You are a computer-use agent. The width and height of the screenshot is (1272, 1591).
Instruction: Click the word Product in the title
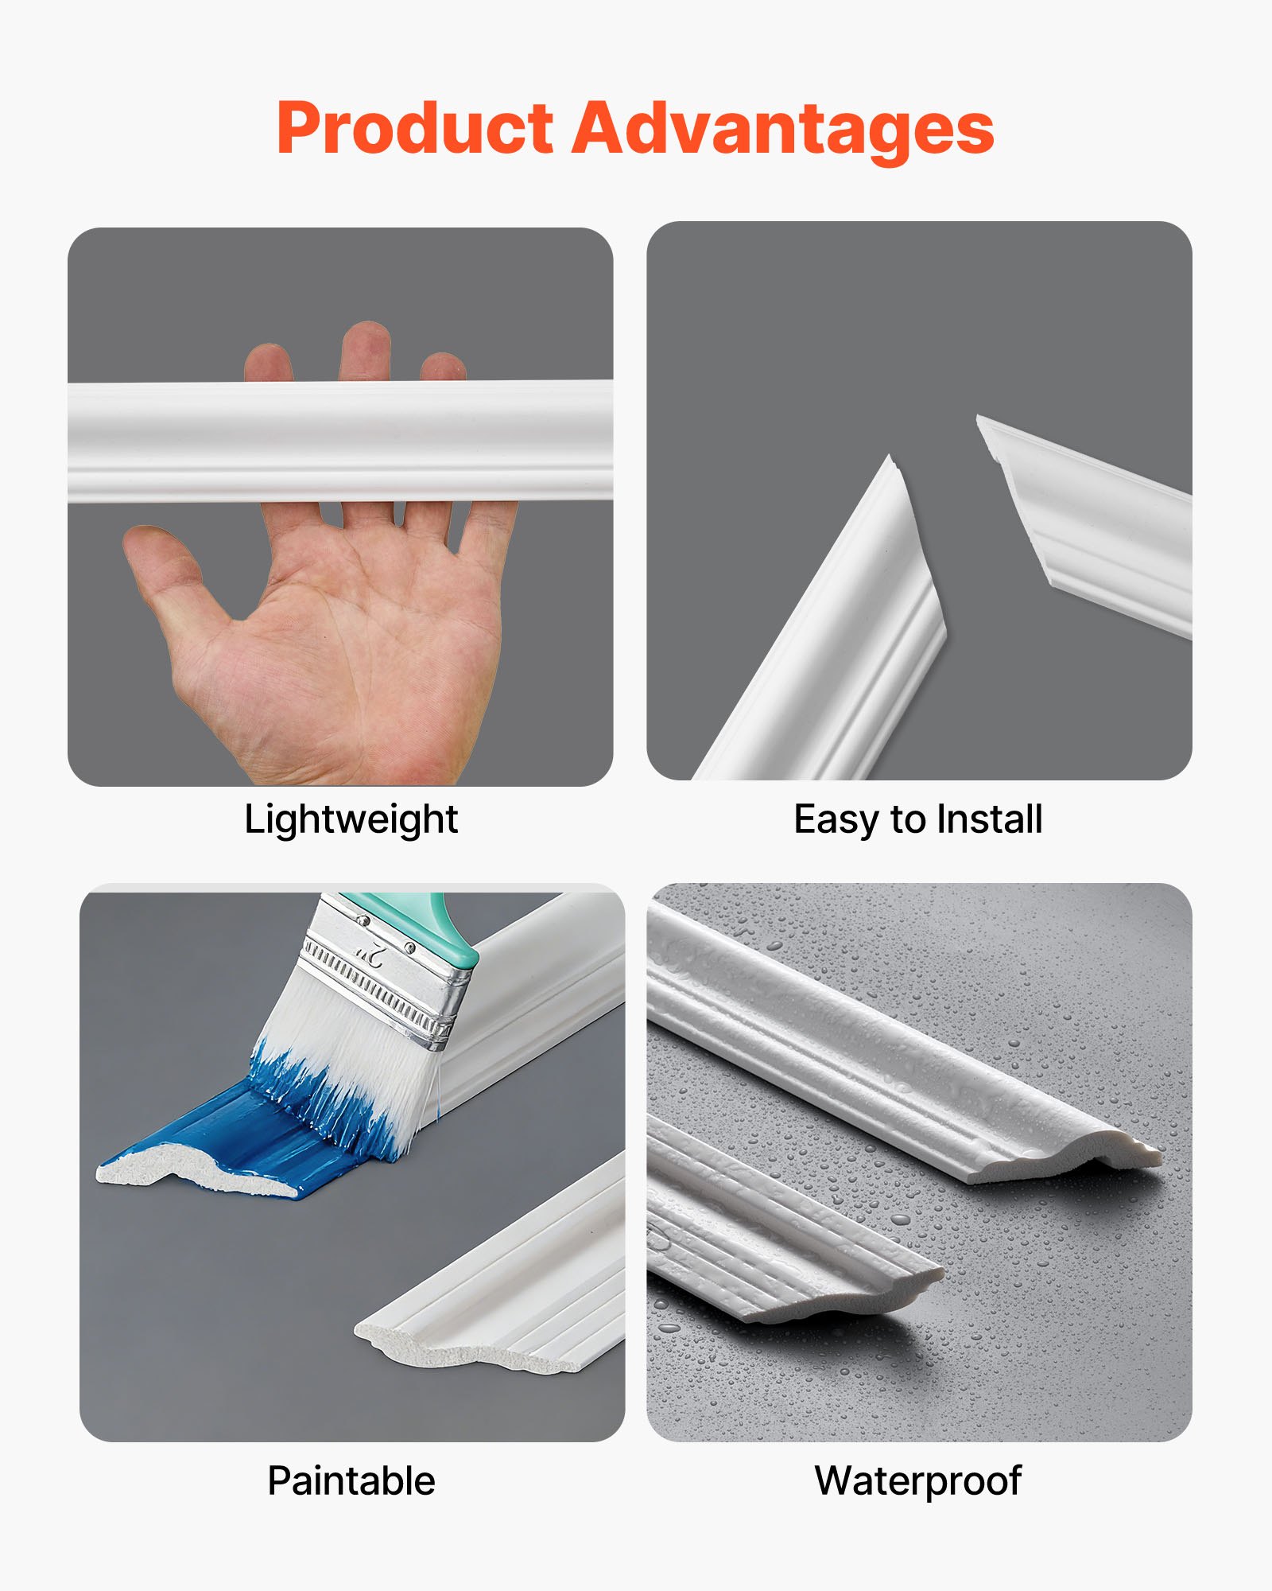(x=413, y=129)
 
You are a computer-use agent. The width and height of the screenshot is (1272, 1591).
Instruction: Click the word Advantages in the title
(x=783, y=129)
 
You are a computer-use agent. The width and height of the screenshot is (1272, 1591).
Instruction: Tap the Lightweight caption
(x=351, y=819)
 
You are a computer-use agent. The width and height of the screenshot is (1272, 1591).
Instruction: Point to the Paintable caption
(x=351, y=1481)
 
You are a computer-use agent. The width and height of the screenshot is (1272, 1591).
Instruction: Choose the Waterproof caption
(x=918, y=1481)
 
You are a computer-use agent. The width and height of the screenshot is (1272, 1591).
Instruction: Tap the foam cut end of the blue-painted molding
(x=191, y=1177)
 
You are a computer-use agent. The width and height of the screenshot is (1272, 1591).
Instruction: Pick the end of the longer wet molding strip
(x=1113, y=1157)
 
